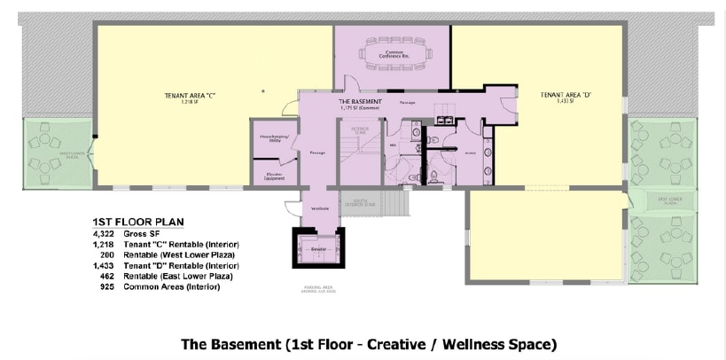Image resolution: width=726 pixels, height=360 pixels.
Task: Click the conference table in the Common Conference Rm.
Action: pyautogui.click(x=392, y=55)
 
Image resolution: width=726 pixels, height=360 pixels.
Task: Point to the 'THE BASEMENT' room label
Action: pyautogui.click(x=360, y=102)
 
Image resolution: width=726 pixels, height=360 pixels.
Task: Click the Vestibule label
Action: pyautogui.click(x=320, y=208)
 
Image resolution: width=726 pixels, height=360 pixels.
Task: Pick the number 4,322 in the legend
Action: pyautogui.click(x=105, y=233)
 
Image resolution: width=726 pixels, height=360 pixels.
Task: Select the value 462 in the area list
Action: pyautogui.click(x=107, y=276)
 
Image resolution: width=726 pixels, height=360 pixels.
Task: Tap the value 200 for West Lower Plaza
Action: pyautogui.click(x=107, y=254)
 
